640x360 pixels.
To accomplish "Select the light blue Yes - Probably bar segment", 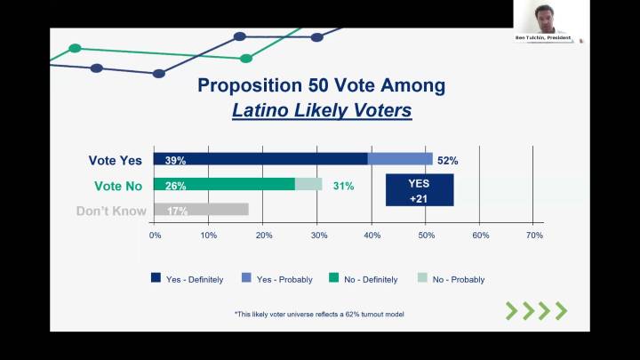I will click(x=400, y=159).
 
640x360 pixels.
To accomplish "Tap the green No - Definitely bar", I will click(x=224, y=184).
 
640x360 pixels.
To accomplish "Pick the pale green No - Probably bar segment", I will click(x=308, y=184).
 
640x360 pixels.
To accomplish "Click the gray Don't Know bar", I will click(x=201, y=210).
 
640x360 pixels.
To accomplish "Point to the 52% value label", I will click(x=447, y=161).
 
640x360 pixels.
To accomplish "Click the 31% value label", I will click(x=343, y=186).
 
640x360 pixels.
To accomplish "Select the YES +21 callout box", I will click(x=419, y=189).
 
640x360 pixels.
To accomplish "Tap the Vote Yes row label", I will click(x=115, y=161).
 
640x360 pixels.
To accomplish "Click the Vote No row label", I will click(x=117, y=186).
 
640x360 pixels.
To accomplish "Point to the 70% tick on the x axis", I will click(x=534, y=236).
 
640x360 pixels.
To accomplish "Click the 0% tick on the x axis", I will click(x=155, y=236).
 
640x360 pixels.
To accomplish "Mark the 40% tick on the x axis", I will click(x=372, y=236).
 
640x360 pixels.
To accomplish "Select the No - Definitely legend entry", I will click(x=371, y=279).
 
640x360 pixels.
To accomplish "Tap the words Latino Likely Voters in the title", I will click(x=322, y=111).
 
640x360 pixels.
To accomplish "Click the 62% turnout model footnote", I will click(x=320, y=315).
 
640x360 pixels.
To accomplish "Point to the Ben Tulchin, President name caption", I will click(x=542, y=38).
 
